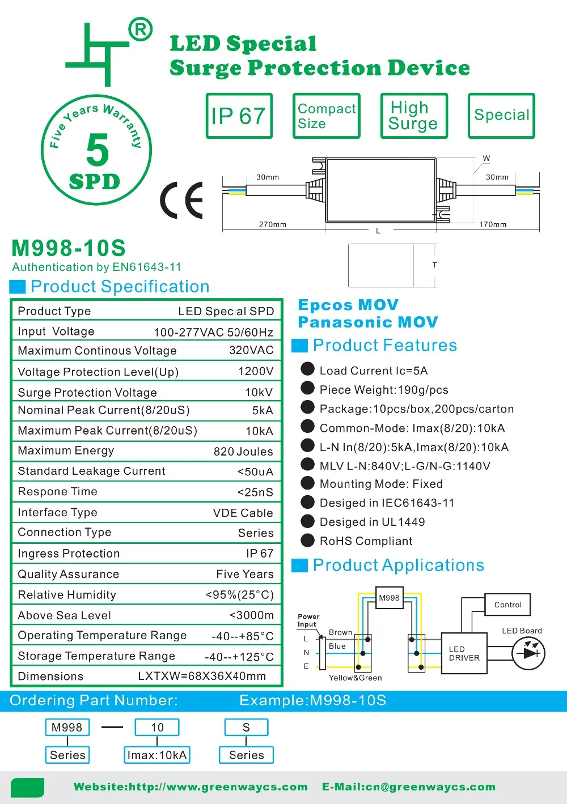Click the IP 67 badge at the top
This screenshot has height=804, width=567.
coord(239,116)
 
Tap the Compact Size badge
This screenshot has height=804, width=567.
coord(326,116)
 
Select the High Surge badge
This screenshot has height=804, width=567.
coord(414,116)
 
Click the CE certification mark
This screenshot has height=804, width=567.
coord(182,201)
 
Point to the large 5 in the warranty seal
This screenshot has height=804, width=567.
coord(98,150)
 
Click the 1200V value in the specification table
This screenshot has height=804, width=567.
coord(256,371)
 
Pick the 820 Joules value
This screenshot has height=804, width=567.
coord(243,452)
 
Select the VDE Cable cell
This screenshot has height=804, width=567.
coord(243,513)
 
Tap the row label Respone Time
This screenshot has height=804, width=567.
coord(58,492)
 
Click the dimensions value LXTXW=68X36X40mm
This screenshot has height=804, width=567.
coord(202,677)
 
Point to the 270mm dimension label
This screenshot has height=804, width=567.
coord(273,224)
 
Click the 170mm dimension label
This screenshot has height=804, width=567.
coord(493,224)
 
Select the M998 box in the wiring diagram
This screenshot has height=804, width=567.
coord(390,598)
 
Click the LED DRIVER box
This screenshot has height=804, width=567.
coord(464,653)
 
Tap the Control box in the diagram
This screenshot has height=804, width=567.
coord(507,605)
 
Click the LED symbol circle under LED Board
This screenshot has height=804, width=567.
coord(528,653)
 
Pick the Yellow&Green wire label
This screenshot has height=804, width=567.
coord(356,678)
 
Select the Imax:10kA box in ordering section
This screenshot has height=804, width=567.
coord(157,755)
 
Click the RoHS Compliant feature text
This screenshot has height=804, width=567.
coord(366,541)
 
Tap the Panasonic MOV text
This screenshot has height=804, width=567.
coord(368,322)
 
